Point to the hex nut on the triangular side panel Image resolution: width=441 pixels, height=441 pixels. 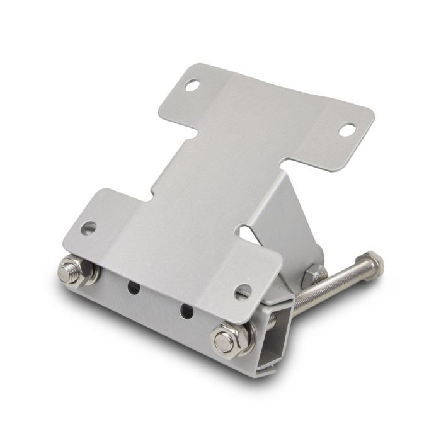click(x=312, y=276)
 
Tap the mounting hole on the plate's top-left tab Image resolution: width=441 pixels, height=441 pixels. click(x=192, y=85)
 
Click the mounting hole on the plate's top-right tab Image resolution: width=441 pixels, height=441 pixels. click(x=346, y=130)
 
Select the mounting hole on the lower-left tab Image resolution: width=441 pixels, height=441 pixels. click(x=89, y=227)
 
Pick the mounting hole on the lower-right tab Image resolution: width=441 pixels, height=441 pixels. click(x=243, y=291)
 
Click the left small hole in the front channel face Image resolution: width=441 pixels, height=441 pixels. click(x=134, y=287)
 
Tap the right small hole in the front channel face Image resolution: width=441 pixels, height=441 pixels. click(x=186, y=310)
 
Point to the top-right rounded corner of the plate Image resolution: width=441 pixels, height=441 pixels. click(x=369, y=117)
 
